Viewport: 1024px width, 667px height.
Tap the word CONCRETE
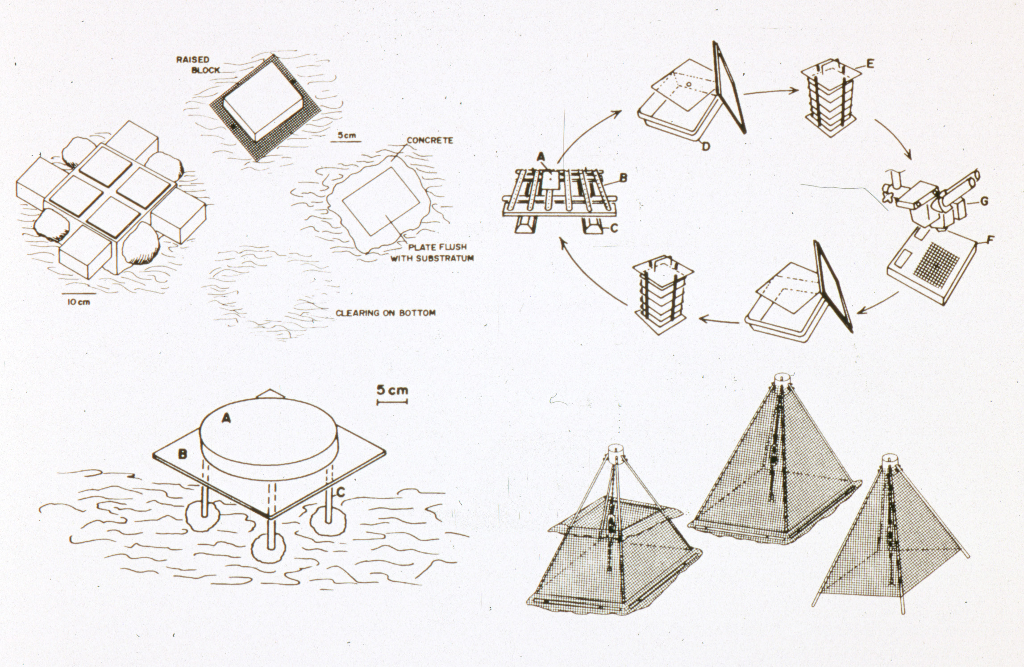point(429,141)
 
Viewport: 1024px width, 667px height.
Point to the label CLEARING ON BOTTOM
point(385,313)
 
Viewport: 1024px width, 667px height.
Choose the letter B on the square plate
point(182,455)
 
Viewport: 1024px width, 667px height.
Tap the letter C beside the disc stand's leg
point(341,492)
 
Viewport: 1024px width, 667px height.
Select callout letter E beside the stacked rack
point(867,65)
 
